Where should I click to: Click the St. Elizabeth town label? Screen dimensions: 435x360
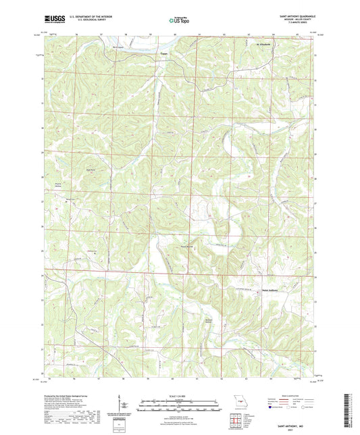pos(264,45)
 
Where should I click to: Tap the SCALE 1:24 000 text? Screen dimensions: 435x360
pos(179,396)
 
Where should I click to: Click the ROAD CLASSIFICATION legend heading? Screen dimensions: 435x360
pos(291,396)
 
